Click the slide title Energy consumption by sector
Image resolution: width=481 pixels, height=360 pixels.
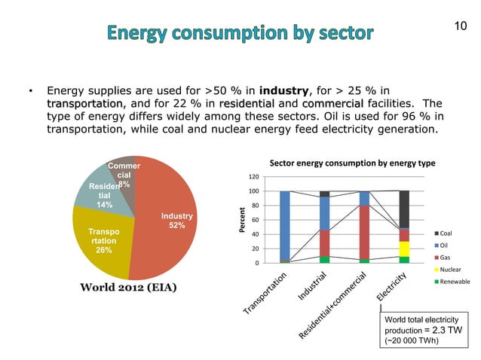point(240,33)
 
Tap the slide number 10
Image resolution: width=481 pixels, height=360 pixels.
point(460,27)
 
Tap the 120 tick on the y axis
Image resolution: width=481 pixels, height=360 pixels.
point(254,177)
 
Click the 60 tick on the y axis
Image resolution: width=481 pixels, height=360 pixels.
point(256,220)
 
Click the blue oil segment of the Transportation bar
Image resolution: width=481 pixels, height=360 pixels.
point(284,226)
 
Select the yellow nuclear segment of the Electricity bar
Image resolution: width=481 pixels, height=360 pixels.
point(404,249)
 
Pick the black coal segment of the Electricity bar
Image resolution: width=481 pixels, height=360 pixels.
point(404,209)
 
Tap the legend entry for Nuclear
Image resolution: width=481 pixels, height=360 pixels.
point(449,269)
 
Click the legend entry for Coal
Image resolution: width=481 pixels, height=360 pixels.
point(446,233)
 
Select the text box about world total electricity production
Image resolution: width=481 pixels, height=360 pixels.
point(424,329)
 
